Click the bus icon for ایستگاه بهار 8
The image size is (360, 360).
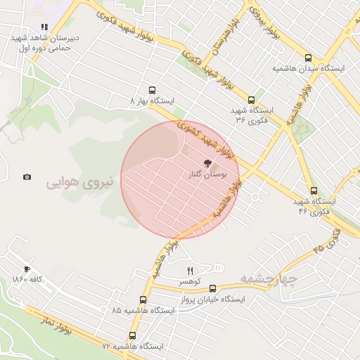coord(152,90)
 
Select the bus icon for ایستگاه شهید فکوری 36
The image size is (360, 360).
coord(251,100)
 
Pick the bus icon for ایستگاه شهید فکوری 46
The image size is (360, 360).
coord(314,190)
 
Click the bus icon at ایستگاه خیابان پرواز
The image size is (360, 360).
coord(213,288)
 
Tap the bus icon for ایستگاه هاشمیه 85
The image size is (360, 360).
coord(143,300)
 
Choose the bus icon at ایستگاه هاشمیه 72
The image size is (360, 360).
coord(132,336)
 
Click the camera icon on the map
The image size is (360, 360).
coord(27,177)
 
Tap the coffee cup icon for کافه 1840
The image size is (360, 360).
coord(27,269)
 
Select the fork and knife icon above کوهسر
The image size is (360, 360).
coord(190,271)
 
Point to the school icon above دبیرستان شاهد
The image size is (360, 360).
coord(44,28)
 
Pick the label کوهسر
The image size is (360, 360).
coord(189,281)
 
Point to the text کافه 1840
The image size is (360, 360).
coord(28,280)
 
